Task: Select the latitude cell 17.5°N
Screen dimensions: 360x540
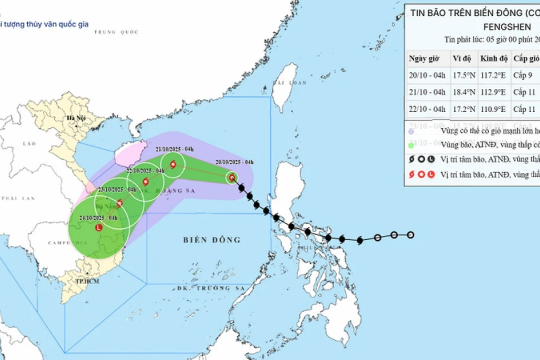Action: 463,73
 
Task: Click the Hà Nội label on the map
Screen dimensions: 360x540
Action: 73,118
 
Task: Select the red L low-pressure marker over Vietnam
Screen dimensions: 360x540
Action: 98,227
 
